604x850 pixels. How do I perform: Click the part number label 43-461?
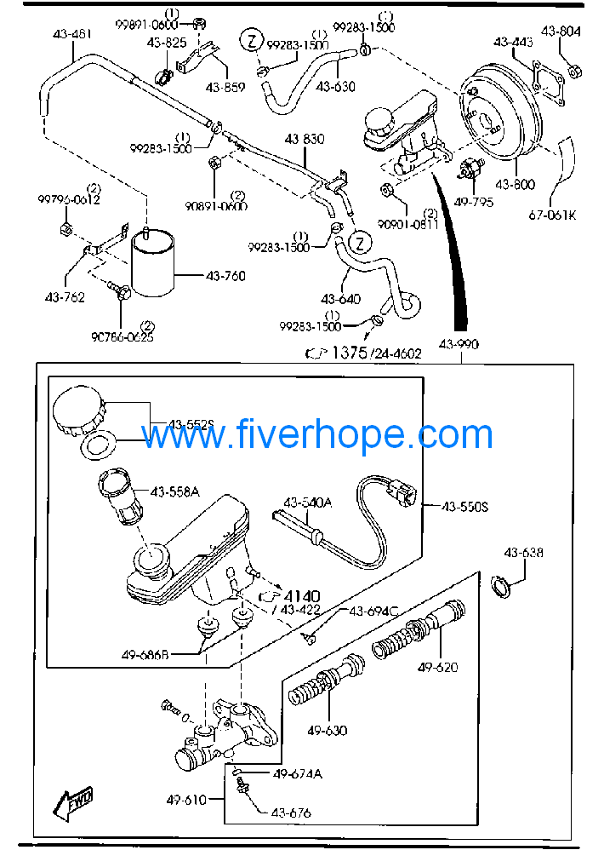pyautogui.click(x=71, y=35)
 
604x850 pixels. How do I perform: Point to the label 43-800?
pyautogui.click(x=515, y=183)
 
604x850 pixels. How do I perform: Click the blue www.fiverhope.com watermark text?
pyautogui.click(x=316, y=434)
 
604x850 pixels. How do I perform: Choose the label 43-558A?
pyautogui.click(x=175, y=491)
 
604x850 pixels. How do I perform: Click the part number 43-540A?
pyautogui.click(x=308, y=503)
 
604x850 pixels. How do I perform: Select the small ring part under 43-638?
pyautogui.click(x=503, y=587)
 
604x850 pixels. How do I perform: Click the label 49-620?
pyautogui.click(x=438, y=667)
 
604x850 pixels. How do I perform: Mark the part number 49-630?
pyautogui.click(x=328, y=730)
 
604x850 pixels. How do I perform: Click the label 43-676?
pyautogui.click(x=291, y=813)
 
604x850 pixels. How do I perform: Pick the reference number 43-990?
pyautogui.click(x=459, y=344)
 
